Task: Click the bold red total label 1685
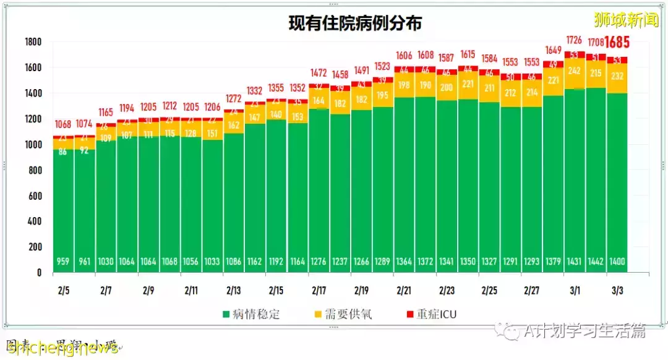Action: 617,43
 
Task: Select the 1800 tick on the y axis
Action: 33,43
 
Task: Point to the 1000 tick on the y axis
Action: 33,145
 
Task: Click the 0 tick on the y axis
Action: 38,272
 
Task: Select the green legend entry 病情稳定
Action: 250,314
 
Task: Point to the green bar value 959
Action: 63,262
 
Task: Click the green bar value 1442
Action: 596,262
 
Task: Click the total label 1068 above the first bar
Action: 63,124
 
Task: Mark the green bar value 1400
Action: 617,262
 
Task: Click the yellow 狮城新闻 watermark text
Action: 626,20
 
